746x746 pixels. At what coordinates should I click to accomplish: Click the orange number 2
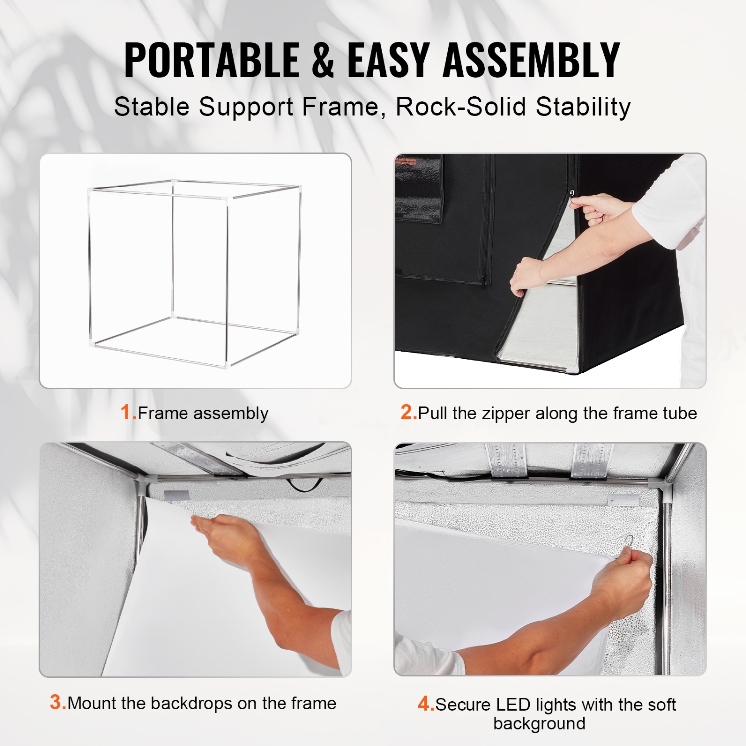(408, 412)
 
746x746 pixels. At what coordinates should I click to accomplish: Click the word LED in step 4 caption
(513, 705)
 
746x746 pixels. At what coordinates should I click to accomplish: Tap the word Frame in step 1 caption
(163, 413)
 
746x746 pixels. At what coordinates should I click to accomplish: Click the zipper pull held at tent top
(572, 193)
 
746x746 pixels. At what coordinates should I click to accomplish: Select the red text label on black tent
(406, 161)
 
